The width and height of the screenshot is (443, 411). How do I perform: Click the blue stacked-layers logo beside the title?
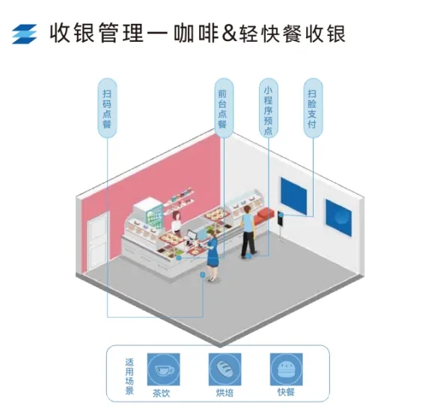tap(25, 34)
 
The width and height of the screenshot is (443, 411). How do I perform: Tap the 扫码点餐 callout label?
tap(107, 108)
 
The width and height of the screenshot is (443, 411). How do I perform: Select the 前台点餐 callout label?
tap(224, 108)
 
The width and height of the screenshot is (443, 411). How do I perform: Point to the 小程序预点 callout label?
tap(269, 108)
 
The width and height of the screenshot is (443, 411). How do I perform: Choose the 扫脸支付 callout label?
tap(313, 108)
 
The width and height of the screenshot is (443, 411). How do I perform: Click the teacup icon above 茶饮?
tap(164, 369)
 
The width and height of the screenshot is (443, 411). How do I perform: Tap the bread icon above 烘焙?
tap(225, 369)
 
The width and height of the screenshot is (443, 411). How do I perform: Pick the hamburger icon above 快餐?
tap(286, 369)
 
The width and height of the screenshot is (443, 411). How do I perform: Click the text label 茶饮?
tap(162, 393)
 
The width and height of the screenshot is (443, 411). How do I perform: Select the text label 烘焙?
tap(225, 393)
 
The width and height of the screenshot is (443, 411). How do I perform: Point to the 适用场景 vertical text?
tap(129, 377)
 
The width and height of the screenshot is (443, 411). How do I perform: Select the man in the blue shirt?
tap(248, 232)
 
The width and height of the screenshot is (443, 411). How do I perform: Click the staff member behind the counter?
tap(177, 223)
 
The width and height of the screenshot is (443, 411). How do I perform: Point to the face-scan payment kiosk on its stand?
tap(281, 226)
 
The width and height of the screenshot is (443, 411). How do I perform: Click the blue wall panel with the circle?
tap(338, 217)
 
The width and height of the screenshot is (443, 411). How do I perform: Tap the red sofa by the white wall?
tap(264, 215)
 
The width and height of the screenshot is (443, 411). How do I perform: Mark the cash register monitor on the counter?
tap(192, 235)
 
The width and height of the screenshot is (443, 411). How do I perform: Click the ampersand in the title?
tap(229, 34)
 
